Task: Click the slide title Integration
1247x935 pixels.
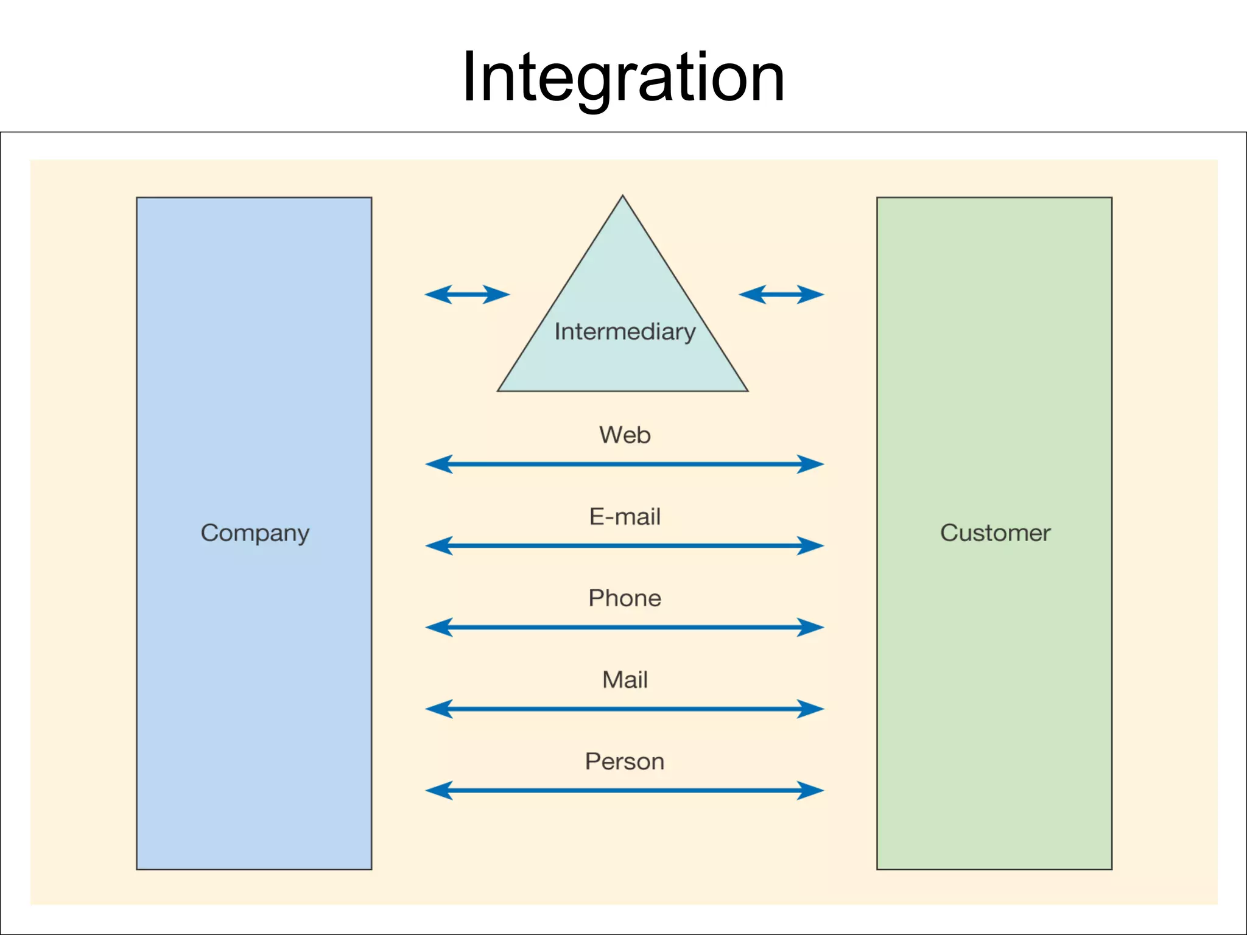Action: click(623, 77)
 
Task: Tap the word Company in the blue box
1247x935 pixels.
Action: click(255, 533)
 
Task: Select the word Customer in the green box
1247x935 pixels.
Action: click(995, 533)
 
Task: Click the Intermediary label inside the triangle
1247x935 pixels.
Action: click(625, 332)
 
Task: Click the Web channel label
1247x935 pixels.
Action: click(625, 435)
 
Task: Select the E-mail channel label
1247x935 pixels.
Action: click(625, 517)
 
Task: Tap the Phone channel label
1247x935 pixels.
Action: click(625, 598)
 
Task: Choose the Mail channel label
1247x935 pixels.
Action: click(625, 680)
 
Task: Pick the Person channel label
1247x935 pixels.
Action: click(625, 762)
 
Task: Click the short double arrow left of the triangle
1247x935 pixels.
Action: click(467, 295)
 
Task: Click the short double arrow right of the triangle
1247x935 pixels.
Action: click(781, 295)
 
